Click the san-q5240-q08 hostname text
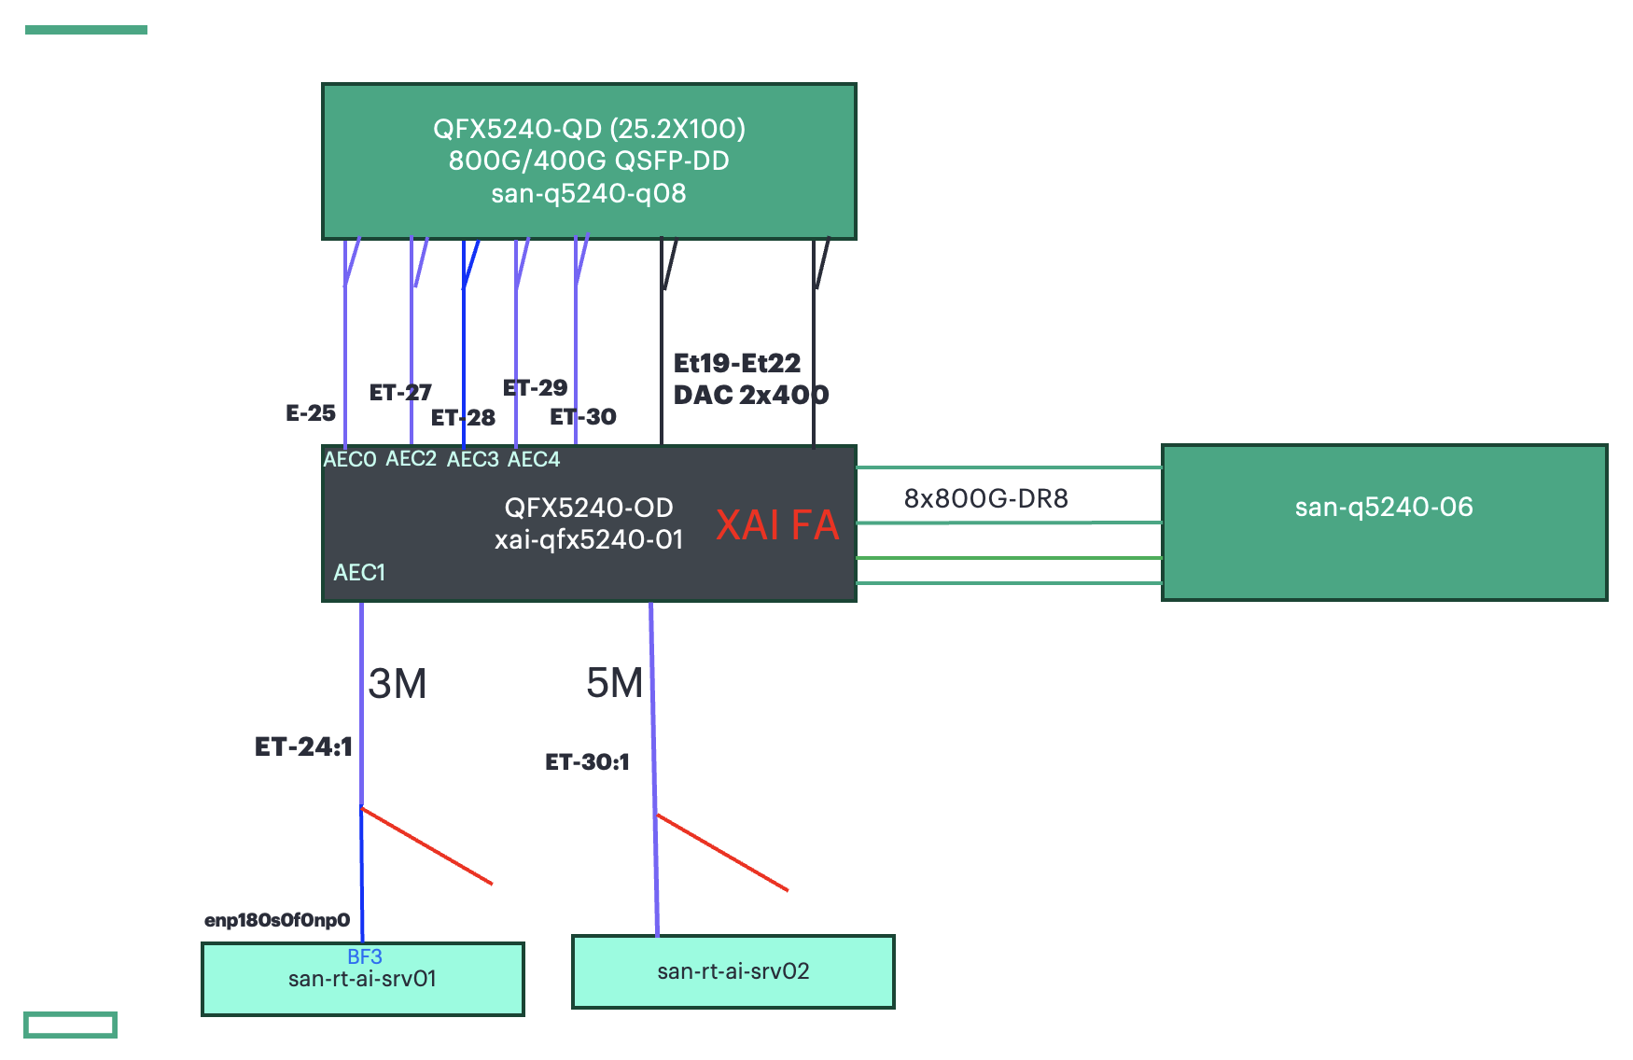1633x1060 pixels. (588, 194)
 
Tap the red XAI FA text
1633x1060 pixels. (777, 525)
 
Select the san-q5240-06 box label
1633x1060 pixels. (1383, 508)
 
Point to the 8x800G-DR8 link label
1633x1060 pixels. (985, 498)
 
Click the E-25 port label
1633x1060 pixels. (310, 413)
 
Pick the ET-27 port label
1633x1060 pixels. (399, 393)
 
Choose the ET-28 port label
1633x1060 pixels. (463, 418)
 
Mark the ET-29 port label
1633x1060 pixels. (535, 388)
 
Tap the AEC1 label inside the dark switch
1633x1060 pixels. (359, 573)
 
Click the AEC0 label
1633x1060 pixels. (349, 459)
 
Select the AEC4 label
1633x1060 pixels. (533, 459)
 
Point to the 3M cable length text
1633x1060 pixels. (398, 684)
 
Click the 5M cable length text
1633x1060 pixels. (614, 683)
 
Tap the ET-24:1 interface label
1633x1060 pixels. (303, 746)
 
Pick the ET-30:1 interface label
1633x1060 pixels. (587, 762)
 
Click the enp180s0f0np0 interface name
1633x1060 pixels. (276, 921)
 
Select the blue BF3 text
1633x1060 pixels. (364, 956)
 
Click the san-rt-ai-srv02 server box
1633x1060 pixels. (733, 971)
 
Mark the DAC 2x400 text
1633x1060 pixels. (750, 396)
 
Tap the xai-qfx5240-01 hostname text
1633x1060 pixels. (588, 540)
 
